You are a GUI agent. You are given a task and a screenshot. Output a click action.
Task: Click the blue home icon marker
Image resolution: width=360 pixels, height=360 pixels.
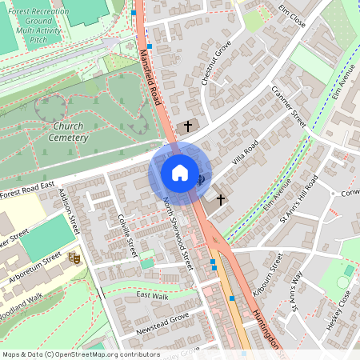179,173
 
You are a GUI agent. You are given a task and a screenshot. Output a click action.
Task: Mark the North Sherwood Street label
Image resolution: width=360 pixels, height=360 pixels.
178,232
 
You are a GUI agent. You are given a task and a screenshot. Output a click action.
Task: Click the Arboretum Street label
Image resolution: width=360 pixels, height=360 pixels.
34,264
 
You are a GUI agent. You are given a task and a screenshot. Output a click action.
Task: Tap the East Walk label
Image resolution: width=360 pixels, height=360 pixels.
153,296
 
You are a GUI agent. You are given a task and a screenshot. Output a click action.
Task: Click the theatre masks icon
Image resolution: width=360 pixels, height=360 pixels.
74,258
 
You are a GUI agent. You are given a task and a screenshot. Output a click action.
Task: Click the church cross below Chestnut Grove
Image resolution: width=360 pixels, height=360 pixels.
189,126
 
